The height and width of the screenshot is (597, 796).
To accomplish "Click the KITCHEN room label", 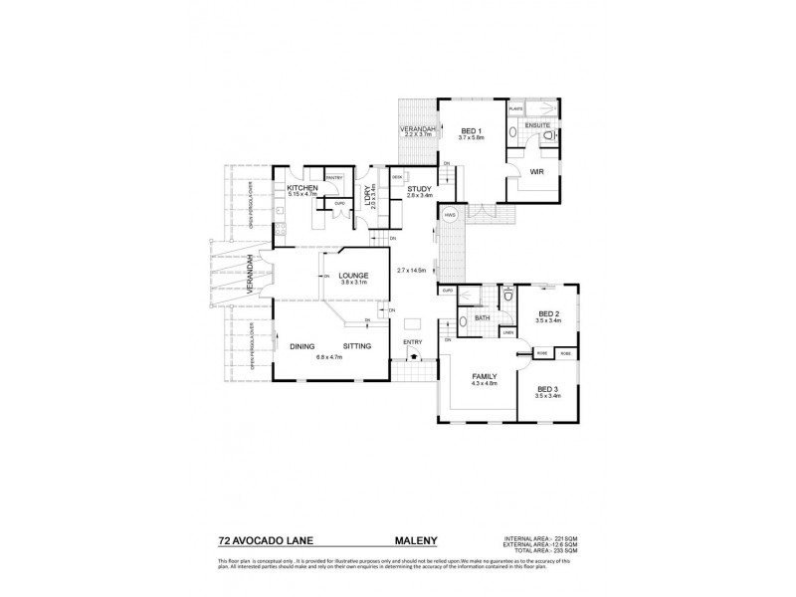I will [301, 187].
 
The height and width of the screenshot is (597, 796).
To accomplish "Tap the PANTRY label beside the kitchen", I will [333, 178].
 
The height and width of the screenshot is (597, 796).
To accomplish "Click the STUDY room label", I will [418, 188].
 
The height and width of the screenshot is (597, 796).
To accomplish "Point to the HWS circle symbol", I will [450, 214].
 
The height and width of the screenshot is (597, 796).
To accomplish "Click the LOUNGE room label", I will [353, 276].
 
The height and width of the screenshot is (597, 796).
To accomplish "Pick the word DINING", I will [302, 346].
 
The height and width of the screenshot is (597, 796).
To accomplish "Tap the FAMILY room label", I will [485, 376].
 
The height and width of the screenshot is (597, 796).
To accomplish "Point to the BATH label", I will [482, 318].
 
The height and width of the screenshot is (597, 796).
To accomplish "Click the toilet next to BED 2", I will [508, 295].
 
